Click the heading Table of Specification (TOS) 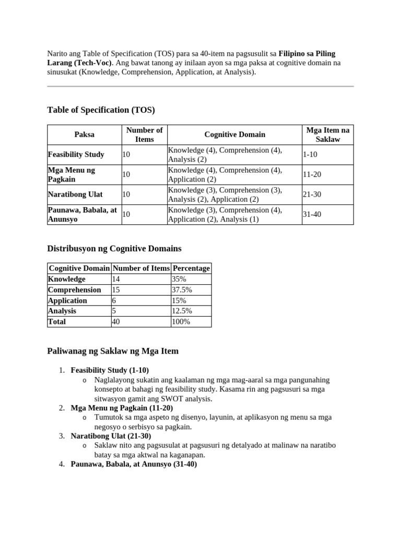pos(101,110)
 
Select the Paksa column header pos(84,135)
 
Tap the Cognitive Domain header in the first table pos(234,135)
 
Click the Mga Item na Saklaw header pos(327,135)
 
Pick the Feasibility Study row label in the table pos(76,154)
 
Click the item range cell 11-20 pos(312,175)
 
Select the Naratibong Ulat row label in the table pos(75,195)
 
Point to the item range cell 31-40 pos(312,214)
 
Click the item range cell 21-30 pos(312,195)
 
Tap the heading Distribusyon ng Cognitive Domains pos(114,249)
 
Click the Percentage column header pos(191,269)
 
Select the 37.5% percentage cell pos(183,290)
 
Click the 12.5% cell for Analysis pos(183,311)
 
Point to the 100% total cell pos(181,322)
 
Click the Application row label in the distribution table pos(67,301)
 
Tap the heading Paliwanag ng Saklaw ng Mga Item pos(113,351)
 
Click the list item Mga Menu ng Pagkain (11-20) pos(122,408)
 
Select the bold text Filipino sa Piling pos(307,54)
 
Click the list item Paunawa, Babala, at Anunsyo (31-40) pos(134,464)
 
